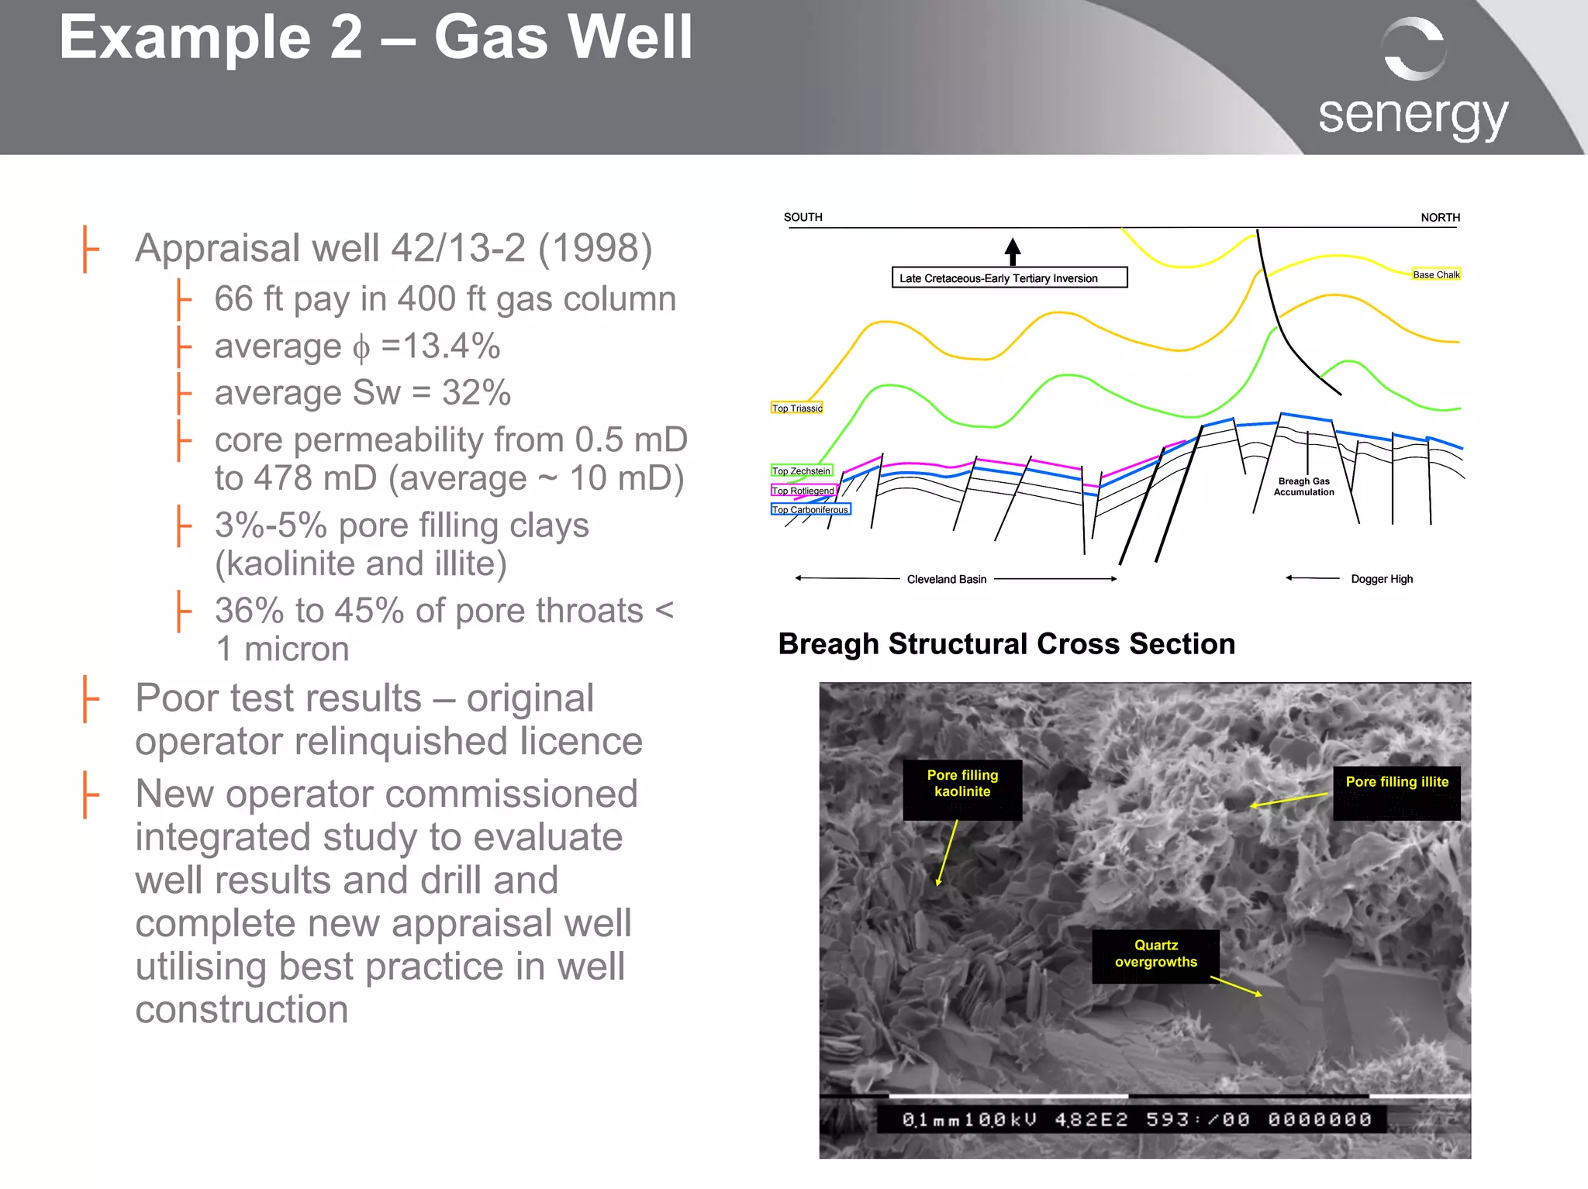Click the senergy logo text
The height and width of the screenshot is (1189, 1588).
1413,116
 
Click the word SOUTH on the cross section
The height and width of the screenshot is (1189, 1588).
803,217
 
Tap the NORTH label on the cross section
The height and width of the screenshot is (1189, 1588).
1440,218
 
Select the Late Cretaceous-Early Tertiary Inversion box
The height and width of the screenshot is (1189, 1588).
1009,278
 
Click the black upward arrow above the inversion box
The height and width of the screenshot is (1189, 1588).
1013,250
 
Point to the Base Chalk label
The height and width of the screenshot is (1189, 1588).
1435,274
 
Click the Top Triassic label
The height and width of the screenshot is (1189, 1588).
796,408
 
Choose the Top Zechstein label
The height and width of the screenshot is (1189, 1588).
801,471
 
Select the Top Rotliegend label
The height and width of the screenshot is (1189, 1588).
803,491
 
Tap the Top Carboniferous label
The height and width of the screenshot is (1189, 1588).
810,510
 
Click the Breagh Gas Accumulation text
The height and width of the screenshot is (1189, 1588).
1303,487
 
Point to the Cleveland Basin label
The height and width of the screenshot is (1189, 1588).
947,579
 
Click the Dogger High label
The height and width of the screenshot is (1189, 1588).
1382,579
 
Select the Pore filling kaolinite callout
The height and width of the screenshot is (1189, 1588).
962,784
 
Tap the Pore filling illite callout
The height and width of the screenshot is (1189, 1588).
1396,782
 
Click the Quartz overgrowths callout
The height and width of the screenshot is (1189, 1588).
1155,953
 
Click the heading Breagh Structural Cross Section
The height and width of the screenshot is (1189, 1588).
1006,644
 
